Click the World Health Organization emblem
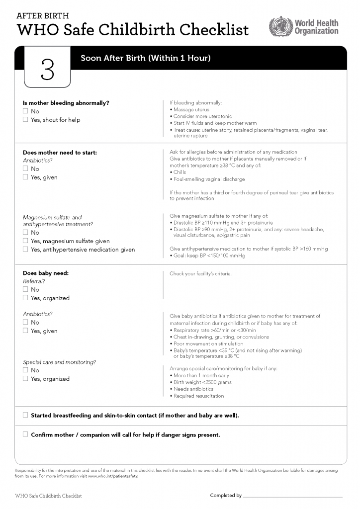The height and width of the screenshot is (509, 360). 280,26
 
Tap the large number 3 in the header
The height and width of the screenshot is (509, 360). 47,70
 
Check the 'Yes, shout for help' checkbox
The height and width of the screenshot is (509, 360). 25,120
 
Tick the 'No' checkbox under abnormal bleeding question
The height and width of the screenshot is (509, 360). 25,111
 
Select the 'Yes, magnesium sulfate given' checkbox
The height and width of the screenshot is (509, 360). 25,241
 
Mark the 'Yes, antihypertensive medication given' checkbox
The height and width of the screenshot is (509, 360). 25,250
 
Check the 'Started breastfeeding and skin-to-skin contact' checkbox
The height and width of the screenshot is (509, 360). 25,415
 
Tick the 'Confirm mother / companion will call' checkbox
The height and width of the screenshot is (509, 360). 25,434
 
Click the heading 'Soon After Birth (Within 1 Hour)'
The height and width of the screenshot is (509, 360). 146,58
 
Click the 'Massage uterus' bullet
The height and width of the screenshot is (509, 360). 191,109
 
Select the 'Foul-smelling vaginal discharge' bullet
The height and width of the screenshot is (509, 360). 209,179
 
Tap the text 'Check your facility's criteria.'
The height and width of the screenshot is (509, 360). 200,273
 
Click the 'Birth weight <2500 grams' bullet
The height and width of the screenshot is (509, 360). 202,382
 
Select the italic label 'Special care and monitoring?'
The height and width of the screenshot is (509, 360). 60,362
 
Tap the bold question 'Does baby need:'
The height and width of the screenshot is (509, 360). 46,273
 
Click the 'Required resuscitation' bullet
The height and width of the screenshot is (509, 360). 198,396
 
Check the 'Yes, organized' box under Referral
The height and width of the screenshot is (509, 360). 25,298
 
